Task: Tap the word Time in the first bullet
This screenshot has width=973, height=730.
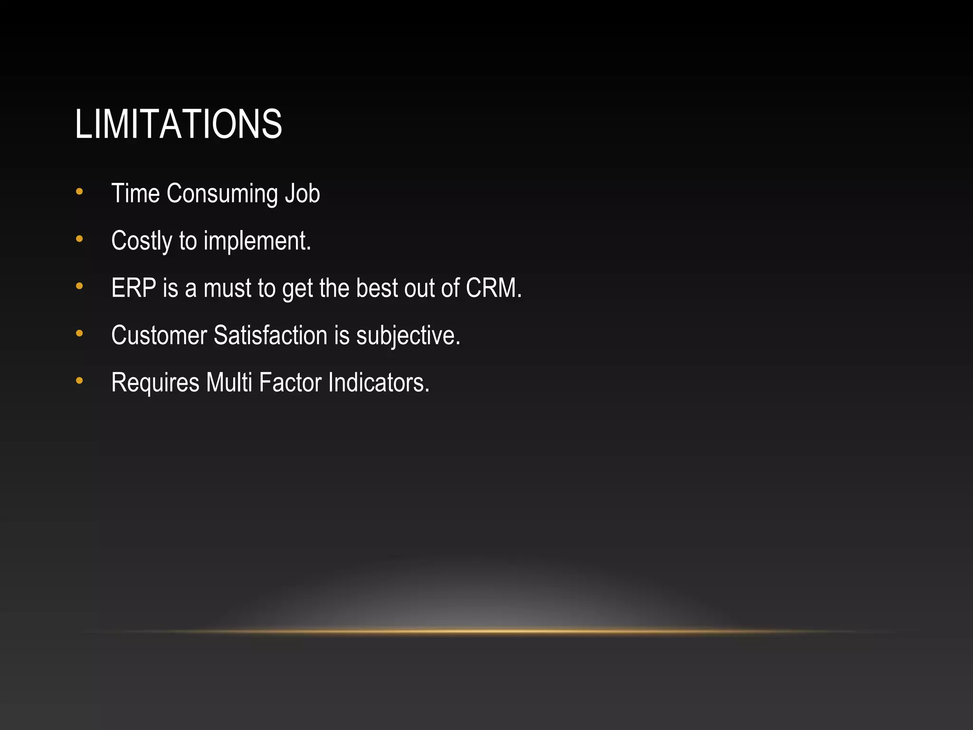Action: pyautogui.click(x=135, y=193)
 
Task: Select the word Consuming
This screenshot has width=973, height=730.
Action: pyautogui.click(x=222, y=194)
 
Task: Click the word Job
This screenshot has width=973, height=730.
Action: pyautogui.click(x=302, y=193)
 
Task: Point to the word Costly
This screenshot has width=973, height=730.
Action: pyautogui.click(x=142, y=241)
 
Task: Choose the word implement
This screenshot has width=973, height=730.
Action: pyautogui.click(x=257, y=241)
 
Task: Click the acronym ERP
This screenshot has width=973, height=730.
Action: pyautogui.click(x=134, y=288)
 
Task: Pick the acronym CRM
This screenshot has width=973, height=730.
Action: pyautogui.click(x=493, y=288)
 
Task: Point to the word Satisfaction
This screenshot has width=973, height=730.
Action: pyautogui.click(x=270, y=335)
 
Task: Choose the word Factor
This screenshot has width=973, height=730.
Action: pyautogui.click(x=290, y=382)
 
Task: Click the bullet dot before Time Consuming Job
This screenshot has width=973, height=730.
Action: pyautogui.click(x=79, y=192)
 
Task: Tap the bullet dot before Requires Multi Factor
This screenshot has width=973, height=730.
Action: pyautogui.click(x=79, y=381)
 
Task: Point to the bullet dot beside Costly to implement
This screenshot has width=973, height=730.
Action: pyautogui.click(x=79, y=239)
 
